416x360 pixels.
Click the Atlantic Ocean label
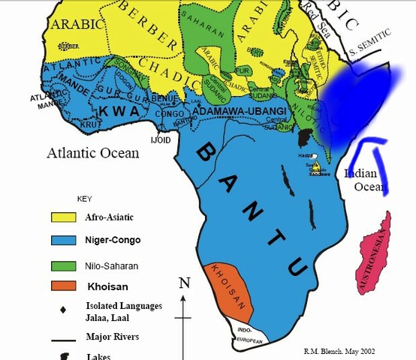93,153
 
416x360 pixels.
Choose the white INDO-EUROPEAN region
247,334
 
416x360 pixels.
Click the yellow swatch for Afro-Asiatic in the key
65,217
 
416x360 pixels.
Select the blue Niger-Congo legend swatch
65,241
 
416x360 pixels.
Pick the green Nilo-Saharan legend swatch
65,265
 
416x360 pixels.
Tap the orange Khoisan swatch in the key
65,286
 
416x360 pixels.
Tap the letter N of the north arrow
184,283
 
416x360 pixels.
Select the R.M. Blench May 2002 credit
339,351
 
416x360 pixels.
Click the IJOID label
161,139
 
